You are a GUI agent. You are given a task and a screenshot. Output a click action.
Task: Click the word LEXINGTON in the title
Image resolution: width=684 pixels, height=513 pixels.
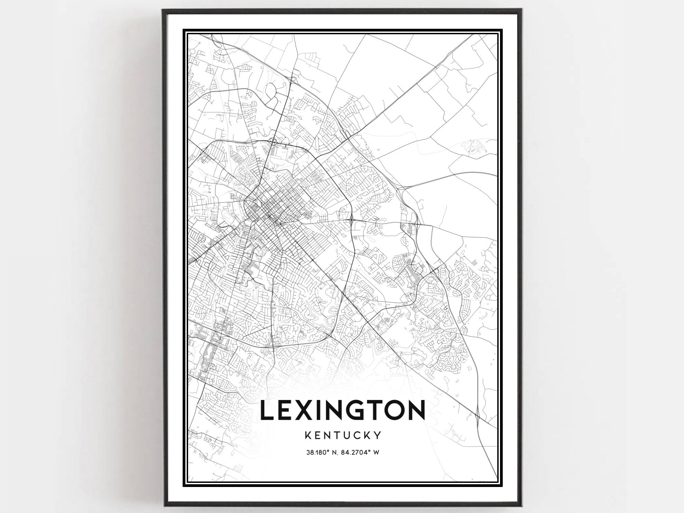343,410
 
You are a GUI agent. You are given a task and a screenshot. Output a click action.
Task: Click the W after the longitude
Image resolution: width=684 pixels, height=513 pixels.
376,452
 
